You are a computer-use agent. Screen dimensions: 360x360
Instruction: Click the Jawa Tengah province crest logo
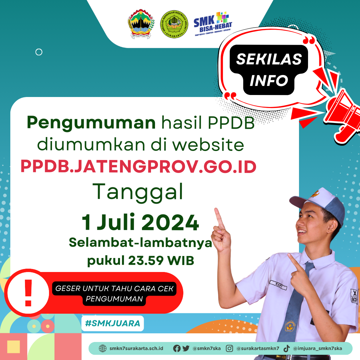[141, 24]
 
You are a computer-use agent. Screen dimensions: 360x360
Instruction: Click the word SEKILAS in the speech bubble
[269, 59]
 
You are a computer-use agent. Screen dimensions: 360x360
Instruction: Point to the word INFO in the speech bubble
[269, 80]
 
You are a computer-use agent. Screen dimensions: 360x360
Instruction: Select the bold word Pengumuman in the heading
[91, 123]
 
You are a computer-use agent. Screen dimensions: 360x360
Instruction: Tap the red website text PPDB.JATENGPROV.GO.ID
[138, 167]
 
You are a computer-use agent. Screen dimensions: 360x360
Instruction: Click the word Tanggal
[138, 193]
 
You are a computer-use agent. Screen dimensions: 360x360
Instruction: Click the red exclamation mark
[28, 292]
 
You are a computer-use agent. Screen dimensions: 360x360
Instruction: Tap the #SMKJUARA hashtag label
[112, 323]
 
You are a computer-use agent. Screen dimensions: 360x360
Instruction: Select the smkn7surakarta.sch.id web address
[136, 348]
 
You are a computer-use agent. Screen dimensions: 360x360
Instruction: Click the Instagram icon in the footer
[229, 348]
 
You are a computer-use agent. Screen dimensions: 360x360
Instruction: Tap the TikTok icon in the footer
[286, 348]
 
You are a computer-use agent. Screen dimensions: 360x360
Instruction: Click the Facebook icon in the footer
[177, 348]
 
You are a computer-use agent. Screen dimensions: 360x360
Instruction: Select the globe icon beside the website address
[103, 348]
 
